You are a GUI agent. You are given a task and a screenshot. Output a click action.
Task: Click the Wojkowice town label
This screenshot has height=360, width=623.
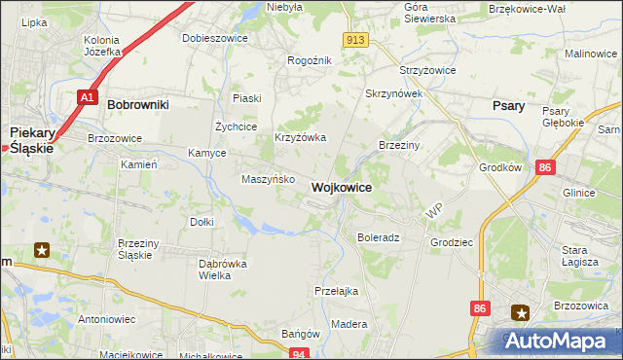click(341, 187)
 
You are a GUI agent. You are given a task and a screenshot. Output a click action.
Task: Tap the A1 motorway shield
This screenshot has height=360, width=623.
click(88, 97)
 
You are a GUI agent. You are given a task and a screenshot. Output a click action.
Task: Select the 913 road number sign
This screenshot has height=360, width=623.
click(354, 39)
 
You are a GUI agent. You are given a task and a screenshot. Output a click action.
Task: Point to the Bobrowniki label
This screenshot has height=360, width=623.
click(138, 103)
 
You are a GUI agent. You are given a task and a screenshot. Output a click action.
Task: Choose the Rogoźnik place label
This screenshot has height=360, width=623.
click(311, 60)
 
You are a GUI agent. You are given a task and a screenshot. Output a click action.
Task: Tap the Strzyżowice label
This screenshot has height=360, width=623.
click(428, 71)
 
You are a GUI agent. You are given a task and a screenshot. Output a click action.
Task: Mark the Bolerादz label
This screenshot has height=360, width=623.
click(379, 237)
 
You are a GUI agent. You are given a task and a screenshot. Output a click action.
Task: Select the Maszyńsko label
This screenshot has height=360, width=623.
click(261, 179)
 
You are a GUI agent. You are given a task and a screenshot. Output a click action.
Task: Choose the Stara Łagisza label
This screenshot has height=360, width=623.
click(581, 255)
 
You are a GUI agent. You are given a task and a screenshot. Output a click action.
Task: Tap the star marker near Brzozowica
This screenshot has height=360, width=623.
click(522, 313)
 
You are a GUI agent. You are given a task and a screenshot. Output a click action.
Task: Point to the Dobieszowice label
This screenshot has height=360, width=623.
click(215, 39)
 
